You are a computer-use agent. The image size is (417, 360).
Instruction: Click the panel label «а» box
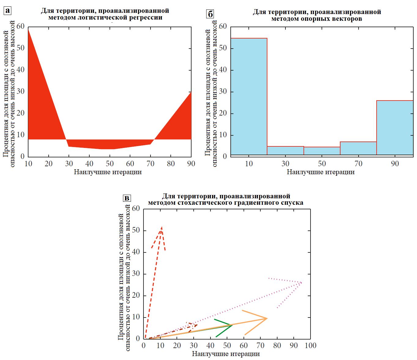[7, 11]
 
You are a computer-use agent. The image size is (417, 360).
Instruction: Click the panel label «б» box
[210, 14]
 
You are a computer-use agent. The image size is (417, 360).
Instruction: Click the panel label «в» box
[127, 198]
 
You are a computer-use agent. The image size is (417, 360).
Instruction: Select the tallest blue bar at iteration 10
[249, 96]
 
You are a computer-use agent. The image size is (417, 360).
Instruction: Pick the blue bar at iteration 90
[395, 127]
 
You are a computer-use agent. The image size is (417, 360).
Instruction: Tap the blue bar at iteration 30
[285, 151]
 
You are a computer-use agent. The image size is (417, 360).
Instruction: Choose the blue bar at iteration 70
[358, 148]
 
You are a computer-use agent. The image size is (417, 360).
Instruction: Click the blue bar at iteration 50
[322, 151]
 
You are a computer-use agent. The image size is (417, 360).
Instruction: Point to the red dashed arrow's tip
[161, 227]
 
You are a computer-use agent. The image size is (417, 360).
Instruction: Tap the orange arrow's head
[267, 318]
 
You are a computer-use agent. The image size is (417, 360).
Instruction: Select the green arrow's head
[232, 325]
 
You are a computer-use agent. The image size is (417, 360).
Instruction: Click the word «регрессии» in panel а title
[146, 17]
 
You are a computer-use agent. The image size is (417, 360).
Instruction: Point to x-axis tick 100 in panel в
[310, 346]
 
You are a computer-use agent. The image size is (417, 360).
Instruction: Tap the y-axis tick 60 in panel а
[20, 26]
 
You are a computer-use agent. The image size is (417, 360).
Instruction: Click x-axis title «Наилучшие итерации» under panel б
[321, 172]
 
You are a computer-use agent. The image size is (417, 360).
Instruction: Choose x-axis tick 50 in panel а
[110, 164]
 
